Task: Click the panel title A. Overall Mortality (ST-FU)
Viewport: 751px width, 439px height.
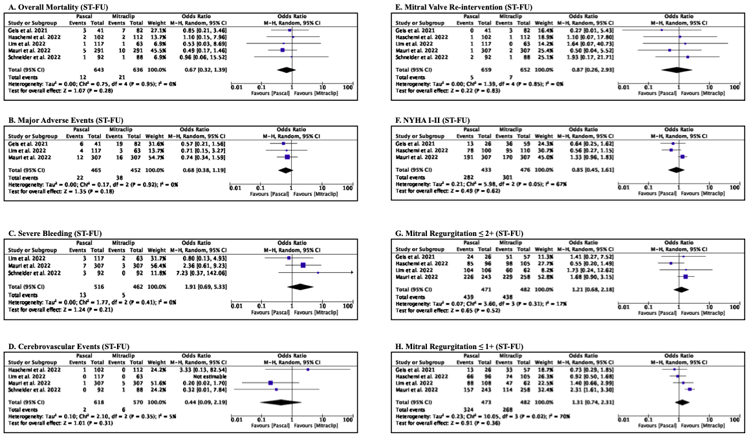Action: pos(49,6)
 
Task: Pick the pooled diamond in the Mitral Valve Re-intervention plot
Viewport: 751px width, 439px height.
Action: pos(676,69)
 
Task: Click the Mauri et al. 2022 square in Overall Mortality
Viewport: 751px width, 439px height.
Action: pos(282,49)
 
